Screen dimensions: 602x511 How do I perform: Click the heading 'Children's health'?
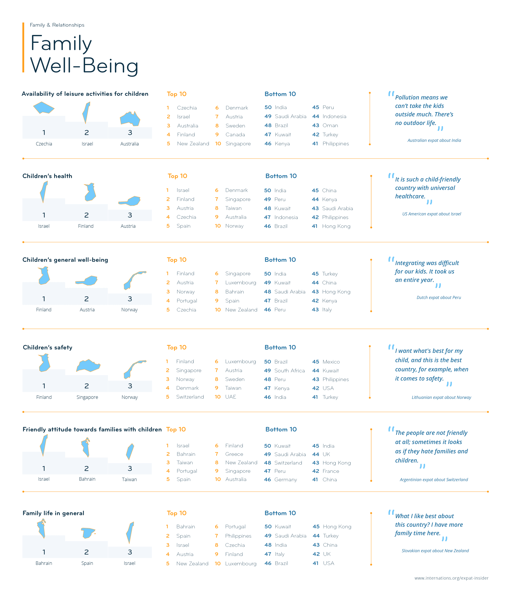(x=47, y=176)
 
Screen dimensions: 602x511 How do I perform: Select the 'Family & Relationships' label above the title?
(x=57, y=25)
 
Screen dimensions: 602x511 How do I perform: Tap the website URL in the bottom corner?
(x=451, y=578)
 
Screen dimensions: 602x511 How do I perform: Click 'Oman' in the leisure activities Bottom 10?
(x=330, y=125)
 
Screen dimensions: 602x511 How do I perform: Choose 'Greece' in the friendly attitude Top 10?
(x=234, y=454)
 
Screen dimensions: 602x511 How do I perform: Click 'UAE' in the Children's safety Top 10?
(x=231, y=397)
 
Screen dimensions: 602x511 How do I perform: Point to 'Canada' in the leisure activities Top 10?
(x=235, y=135)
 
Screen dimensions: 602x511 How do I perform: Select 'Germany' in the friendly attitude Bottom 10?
(x=286, y=480)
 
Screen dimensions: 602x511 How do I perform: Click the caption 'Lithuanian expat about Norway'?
(x=441, y=397)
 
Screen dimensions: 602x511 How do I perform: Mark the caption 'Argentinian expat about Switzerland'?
(x=434, y=480)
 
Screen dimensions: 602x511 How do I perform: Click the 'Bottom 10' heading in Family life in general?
(x=280, y=513)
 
